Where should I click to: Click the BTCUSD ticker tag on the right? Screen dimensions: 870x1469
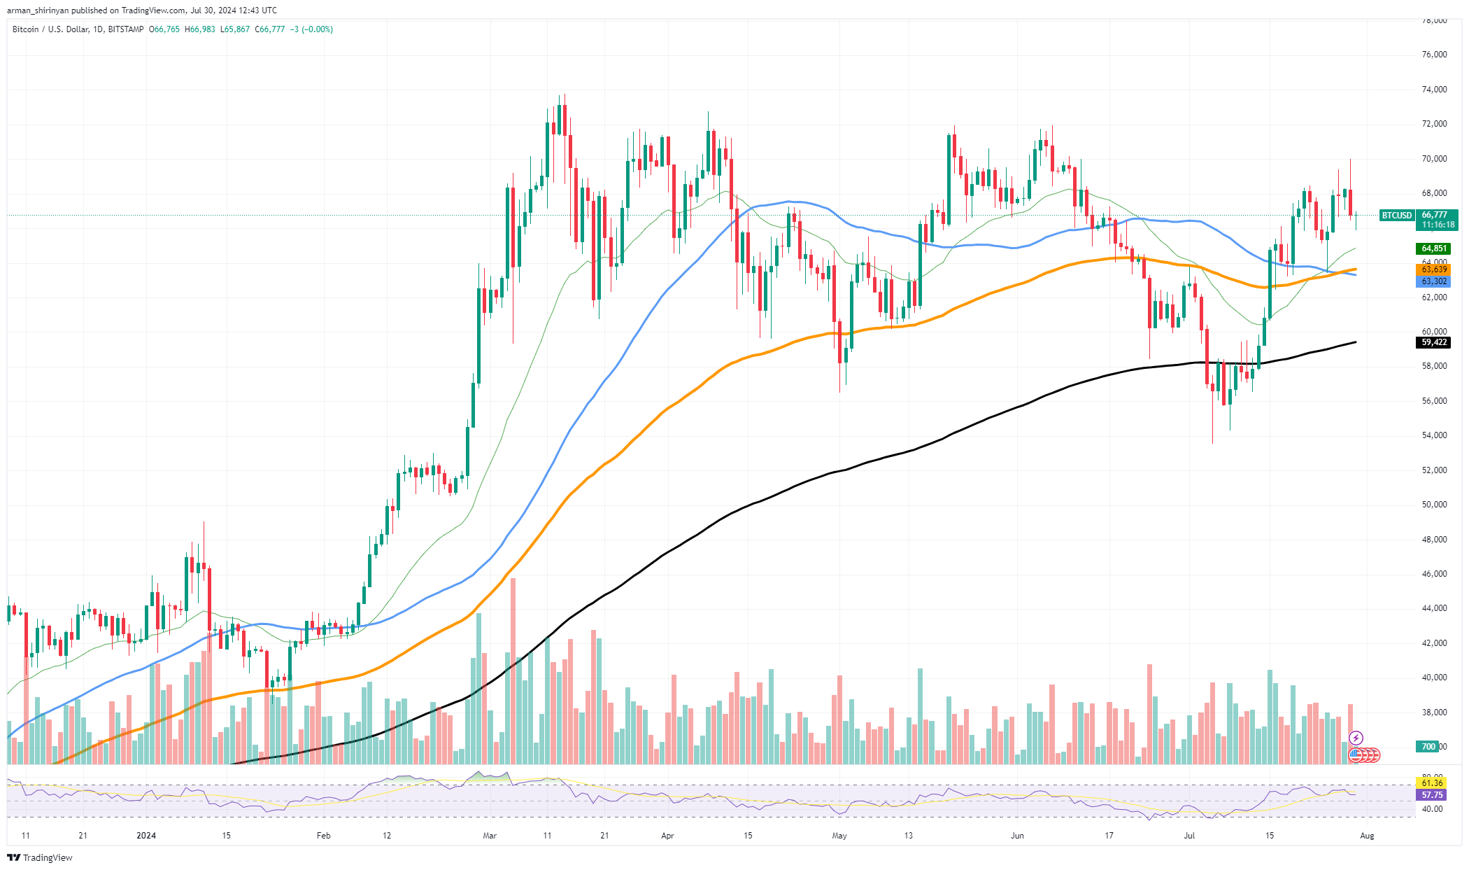1396,216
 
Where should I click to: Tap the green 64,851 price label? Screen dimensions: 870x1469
1433,248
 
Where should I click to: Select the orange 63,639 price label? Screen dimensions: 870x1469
1433,269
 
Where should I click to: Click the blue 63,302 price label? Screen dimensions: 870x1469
1433,281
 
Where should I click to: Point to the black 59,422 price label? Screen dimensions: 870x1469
1433,342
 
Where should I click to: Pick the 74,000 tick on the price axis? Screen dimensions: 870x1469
1433,90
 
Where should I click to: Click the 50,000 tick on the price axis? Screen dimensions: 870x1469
1433,505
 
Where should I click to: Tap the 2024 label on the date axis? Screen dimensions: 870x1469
146,835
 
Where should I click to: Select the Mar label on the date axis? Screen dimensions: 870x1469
490,835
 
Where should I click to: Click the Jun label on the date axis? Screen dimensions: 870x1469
1017,835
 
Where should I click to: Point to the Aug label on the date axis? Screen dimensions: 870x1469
1367,835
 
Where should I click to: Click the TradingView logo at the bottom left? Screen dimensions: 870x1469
40,857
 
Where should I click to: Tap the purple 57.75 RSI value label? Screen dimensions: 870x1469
1432,795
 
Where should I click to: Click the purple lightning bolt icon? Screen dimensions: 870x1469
1356,738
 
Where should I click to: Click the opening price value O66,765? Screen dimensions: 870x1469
164,29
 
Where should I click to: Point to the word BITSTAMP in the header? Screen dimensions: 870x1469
127,29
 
